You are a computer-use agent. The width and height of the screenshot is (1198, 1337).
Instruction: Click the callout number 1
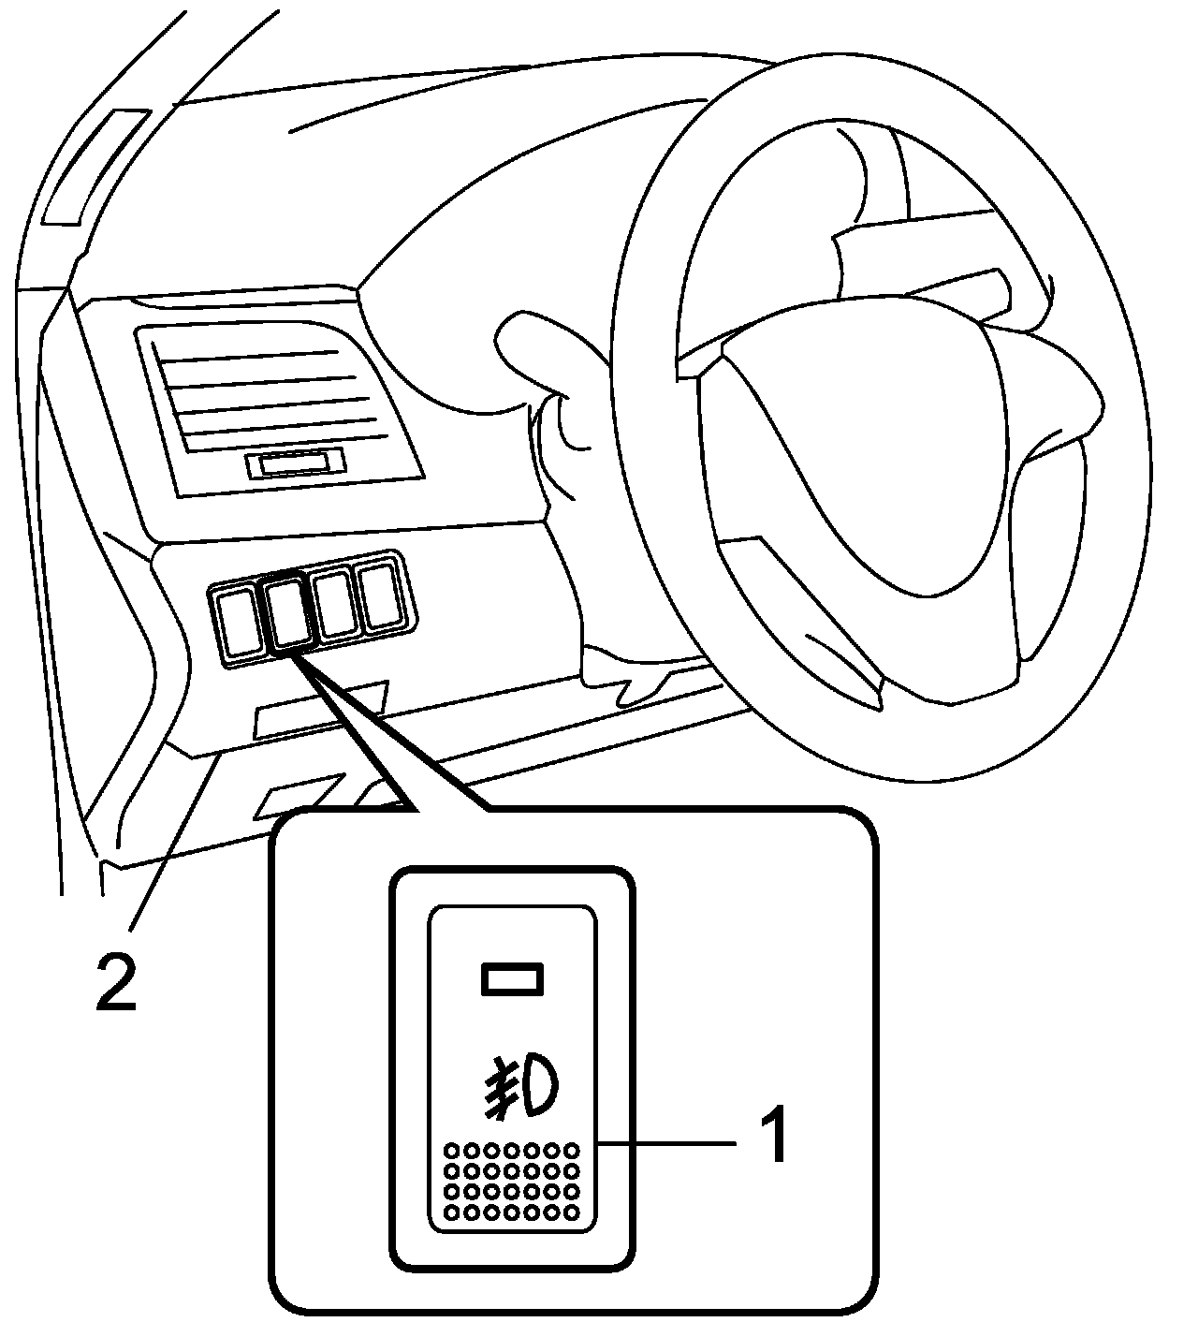click(774, 1135)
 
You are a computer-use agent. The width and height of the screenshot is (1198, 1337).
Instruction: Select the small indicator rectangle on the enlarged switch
click(511, 978)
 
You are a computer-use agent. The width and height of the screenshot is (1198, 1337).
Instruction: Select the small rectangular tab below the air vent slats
click(295, 463)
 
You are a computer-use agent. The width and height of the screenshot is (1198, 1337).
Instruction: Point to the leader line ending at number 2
click(173, 843)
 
